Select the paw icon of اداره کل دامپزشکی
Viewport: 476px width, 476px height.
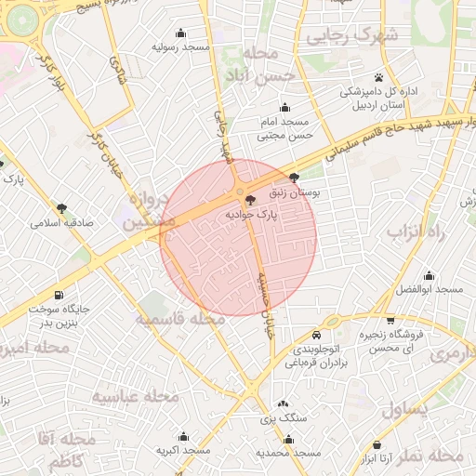click(x=379, y=77)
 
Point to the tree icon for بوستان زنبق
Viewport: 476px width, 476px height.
click(x=295, y=178)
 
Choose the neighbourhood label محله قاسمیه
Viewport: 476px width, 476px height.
click(x=180, y=319)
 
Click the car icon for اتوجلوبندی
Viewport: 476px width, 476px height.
click(x=317, y=334)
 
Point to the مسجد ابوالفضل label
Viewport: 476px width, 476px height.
click(x=429, y=290)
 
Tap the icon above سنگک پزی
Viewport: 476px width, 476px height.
click(x=283, y=404)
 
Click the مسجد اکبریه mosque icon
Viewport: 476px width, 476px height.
click(x=183, y=436)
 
